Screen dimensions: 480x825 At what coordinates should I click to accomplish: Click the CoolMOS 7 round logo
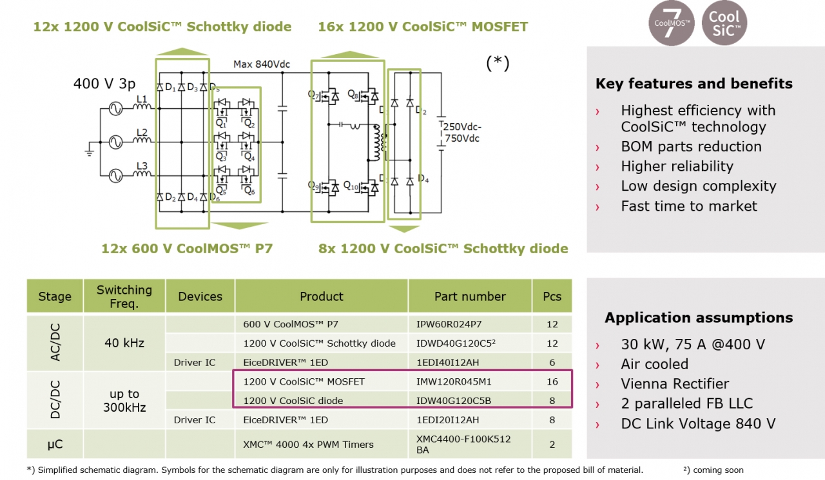[671, 23]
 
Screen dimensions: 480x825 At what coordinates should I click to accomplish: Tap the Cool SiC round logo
[724, 23]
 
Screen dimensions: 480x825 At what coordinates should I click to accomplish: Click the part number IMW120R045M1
[454, 381]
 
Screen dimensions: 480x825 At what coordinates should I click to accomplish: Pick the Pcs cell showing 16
[552, 381]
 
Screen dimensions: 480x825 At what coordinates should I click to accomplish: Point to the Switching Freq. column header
[124, 296]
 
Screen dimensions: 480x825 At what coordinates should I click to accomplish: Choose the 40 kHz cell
[124, 343]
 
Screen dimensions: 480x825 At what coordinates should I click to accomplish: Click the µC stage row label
[55, 444]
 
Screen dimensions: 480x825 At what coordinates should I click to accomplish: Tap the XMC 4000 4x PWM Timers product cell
[308, 444]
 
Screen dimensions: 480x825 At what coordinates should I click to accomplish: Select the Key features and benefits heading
[694, 84]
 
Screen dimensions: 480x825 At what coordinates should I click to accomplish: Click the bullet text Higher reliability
[677, 166]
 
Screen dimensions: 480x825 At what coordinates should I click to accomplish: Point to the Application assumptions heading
[699, 318]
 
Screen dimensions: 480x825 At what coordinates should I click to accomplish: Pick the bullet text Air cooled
[654, 364]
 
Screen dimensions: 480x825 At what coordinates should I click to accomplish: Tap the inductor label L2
[142, 133]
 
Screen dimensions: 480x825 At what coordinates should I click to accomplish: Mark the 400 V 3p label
[104, 84]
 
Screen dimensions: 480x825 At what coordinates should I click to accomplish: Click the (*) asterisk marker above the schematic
[498, 62]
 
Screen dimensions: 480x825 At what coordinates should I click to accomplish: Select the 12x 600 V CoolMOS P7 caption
[187, 248]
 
